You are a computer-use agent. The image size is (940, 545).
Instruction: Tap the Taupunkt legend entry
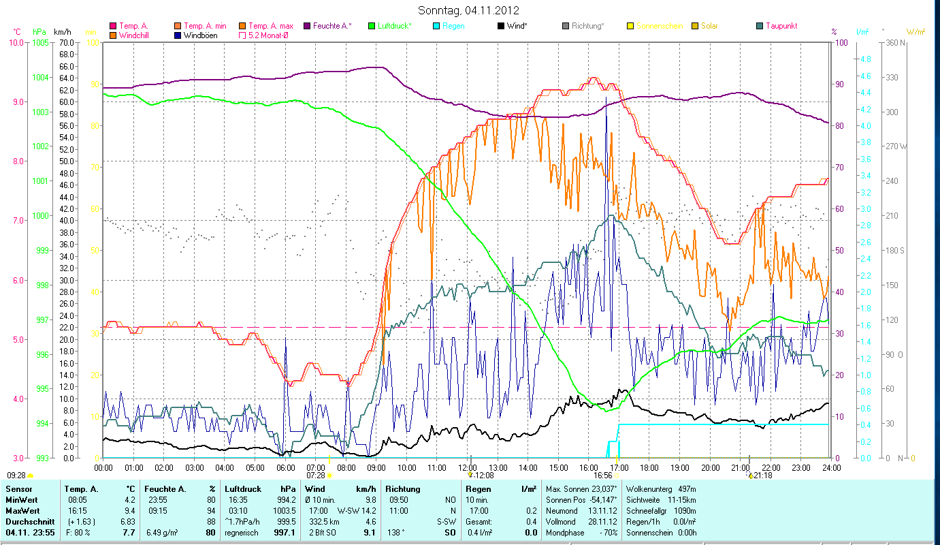pos(781,26)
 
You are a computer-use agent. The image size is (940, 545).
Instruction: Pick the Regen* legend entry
pos(453,26)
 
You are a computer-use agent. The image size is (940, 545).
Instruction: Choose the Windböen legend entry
pos(200,35)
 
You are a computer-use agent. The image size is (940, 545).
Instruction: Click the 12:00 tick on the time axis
pos(467,468)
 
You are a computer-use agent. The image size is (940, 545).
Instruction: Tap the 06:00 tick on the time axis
pos(285,468)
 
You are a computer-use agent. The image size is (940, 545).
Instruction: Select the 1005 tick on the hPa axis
pos(40,42)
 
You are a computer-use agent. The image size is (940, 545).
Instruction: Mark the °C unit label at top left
pos(17,32)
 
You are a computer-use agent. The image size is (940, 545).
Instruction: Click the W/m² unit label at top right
pos(915,32)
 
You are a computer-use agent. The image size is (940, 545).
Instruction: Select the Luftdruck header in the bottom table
pos(243,488)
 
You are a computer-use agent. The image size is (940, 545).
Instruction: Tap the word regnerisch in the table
pos(242,532)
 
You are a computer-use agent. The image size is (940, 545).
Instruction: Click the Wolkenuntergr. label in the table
pos(647,488)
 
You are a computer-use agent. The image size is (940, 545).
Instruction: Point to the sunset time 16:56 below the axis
pos(602,476)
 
